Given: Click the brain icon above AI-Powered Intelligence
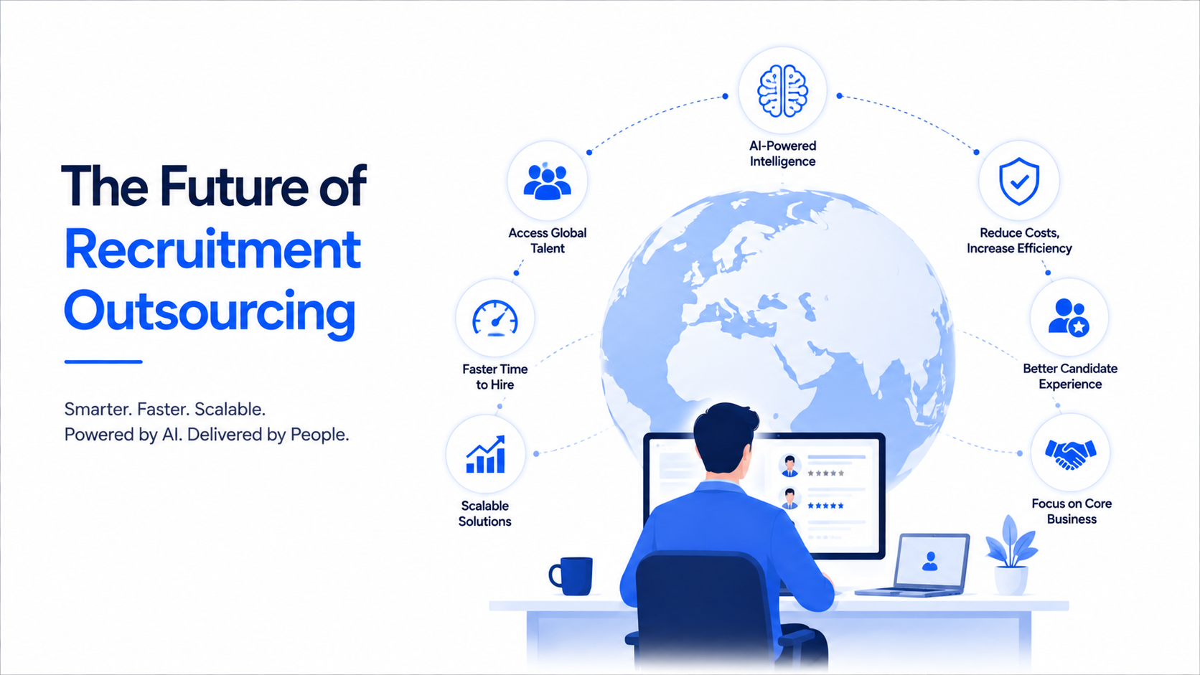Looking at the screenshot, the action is pos(783,91).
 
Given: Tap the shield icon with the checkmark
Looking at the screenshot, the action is pos(1019,181).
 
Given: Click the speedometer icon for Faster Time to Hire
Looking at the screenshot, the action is pos(495,318).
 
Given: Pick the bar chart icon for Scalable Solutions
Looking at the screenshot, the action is pos(485,455).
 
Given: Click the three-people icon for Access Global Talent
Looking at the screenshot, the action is pos(547,182).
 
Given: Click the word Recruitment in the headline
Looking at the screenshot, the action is pos(212,250).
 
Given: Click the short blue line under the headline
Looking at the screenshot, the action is pos(103,362).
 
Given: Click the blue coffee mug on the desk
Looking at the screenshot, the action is pos(571,576).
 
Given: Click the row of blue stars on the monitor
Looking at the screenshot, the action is pos(825,506).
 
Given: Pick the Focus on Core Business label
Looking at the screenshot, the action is pos(1072,511).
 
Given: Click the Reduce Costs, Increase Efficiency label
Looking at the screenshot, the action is pos(1019,240).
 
